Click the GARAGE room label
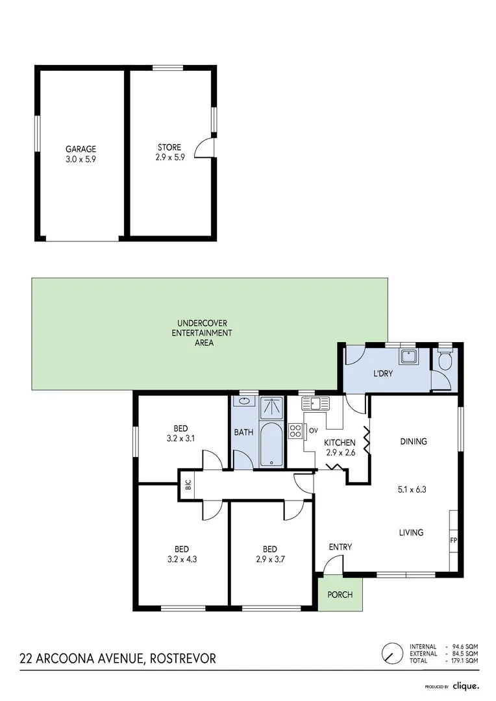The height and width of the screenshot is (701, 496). point(81,149)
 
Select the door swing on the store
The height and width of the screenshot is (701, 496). point(206,147)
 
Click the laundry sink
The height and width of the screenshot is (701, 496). point(409,357)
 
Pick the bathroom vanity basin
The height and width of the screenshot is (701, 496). point(243,402)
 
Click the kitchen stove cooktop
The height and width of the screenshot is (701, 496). point(295,431)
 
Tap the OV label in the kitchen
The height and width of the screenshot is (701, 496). point(312,430)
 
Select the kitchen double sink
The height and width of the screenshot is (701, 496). point(316,403)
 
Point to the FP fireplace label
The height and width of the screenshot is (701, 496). point(453,539)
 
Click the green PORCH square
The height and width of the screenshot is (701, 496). point(340,594)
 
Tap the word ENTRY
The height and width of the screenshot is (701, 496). point(340,547)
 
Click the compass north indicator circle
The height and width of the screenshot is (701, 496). point(391,653)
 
